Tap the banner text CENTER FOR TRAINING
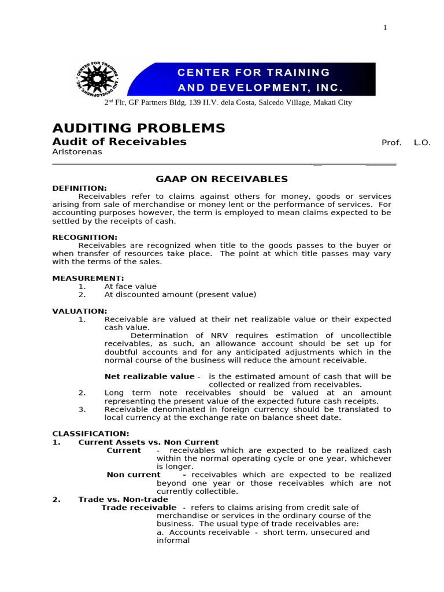click(x=253, y=72)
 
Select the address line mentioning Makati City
click(x=228, y=102)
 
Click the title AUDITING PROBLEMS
click(x=139, y=128)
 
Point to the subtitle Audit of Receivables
click(x=119, y=142)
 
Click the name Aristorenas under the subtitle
click(x=77, y=151)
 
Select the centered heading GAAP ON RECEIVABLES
click(x=222, y=179)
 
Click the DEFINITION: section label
click(x=79, y=188)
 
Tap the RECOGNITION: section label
click(x=84, y=237)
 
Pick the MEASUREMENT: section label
click(x=88, y=278)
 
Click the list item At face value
click(x=130, y=286)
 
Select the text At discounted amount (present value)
click(x=180, y=294)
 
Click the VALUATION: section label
click(x=80, y=311)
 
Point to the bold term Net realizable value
click(x=149, y=376)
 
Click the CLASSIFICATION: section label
click(x=91, y=434)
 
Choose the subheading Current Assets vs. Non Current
click(x=149, y=442)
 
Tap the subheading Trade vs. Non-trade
click(x=123, y=499)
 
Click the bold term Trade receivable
click(x=139, y=508)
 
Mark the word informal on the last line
click(x=173, y=541)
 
